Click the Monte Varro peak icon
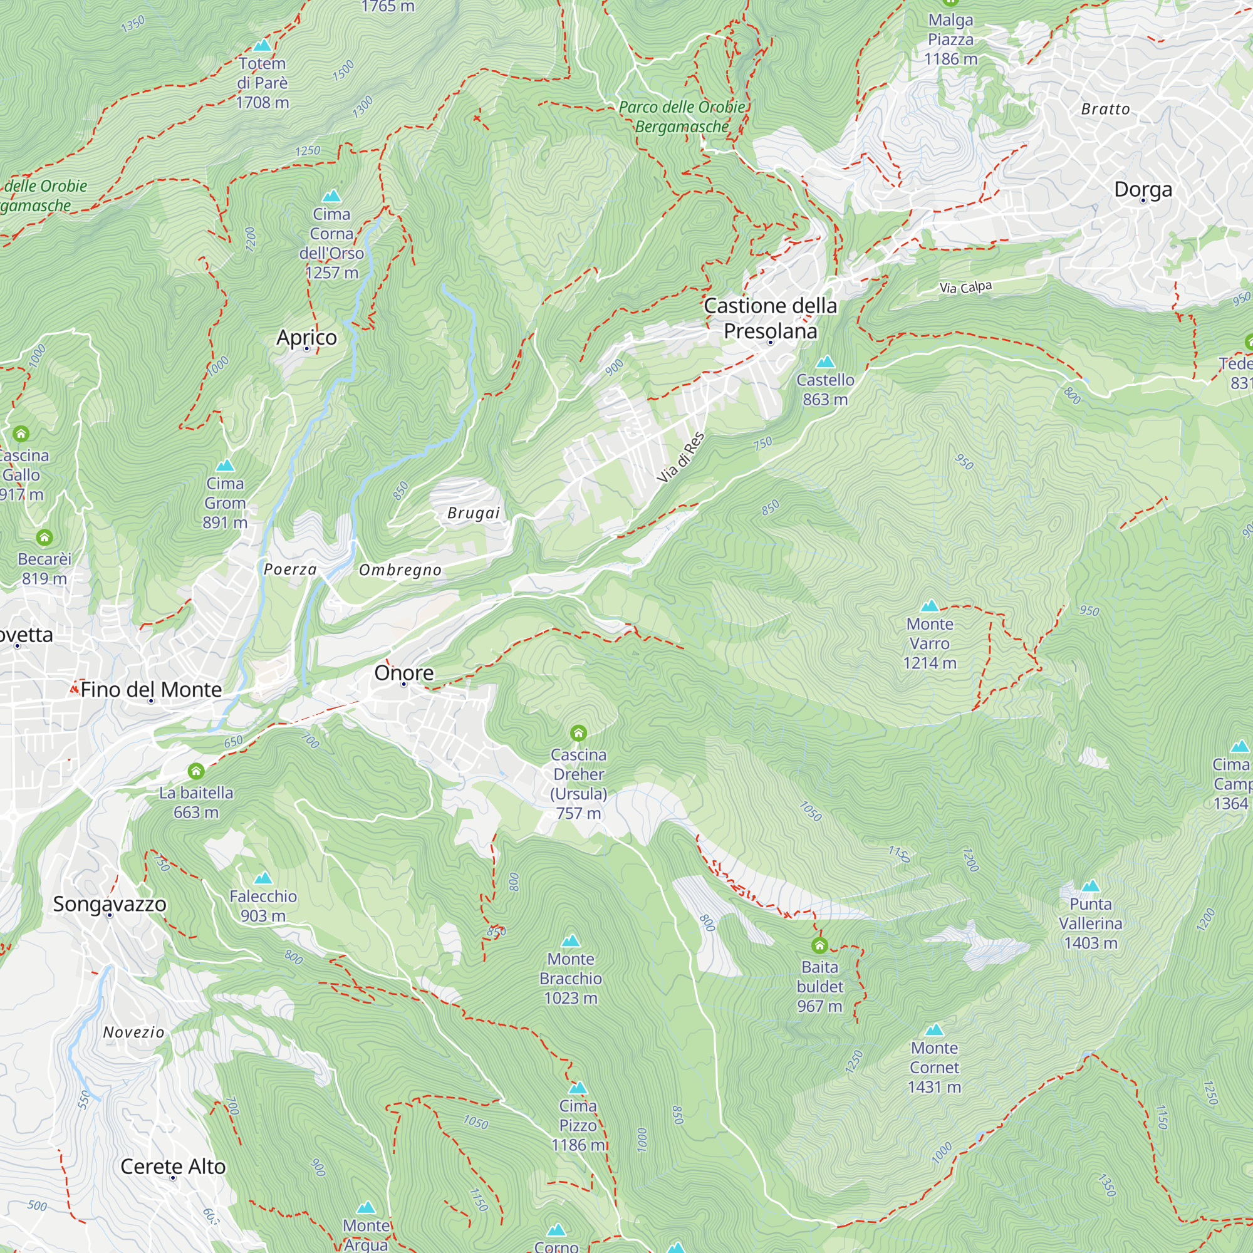[929, 606]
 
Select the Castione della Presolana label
[770, 318]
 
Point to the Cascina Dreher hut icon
[578, 733]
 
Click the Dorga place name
[1143, 189]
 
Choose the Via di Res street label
[680, 457]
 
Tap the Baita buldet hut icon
[819, 945]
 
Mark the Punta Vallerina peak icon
[1090, 886]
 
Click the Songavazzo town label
[110, 903]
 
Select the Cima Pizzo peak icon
[577, 1088]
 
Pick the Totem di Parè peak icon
[262, 45]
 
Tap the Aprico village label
[306, 337]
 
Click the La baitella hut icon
[196, 771]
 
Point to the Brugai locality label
[474, 513]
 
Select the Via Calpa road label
[965, 287]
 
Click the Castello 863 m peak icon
[825, 362]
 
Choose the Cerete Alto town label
[172, 1166]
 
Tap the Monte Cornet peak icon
[934, 1030]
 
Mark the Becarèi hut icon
[44, 537]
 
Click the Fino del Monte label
[151, 689]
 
